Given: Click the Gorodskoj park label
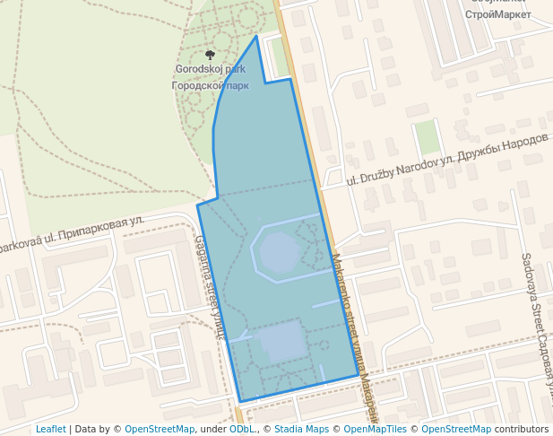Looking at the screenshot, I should (210, 69).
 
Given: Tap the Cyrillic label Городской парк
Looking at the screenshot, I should (210, 86).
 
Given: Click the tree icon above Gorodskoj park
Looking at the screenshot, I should (211, 56).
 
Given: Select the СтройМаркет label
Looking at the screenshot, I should (498, 14).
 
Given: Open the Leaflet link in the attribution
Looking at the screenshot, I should (50, 429).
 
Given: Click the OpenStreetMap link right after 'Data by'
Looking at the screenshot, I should (159, 429).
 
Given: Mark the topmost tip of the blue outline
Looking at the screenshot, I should (257, 36).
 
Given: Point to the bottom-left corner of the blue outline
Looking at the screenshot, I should (240, 401).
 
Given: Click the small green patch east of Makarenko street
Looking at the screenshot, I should (428, 137).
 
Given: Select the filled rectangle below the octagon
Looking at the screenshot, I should (283, 341).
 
